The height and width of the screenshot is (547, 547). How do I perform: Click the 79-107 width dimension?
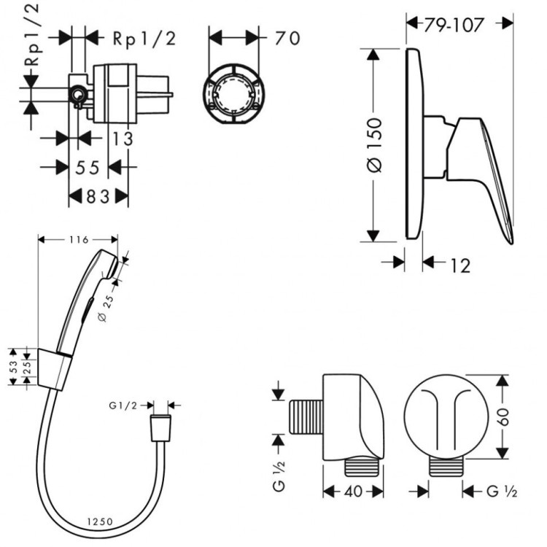coord(454,24)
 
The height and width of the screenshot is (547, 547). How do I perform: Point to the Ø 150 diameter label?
coord(375,145)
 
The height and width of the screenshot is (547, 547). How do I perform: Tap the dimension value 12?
coord(460,265)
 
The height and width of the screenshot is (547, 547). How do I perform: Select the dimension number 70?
coord(287,38)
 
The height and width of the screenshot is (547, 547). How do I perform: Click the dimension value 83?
coord(98,197)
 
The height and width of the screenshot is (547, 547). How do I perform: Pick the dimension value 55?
coord(88,168)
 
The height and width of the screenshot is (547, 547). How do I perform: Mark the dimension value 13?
coord(123,139)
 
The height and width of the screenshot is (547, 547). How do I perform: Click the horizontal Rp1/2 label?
coord(144,39)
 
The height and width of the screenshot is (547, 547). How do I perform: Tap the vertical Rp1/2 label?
coord(32,35)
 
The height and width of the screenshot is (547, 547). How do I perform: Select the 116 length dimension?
coord(79,240)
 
